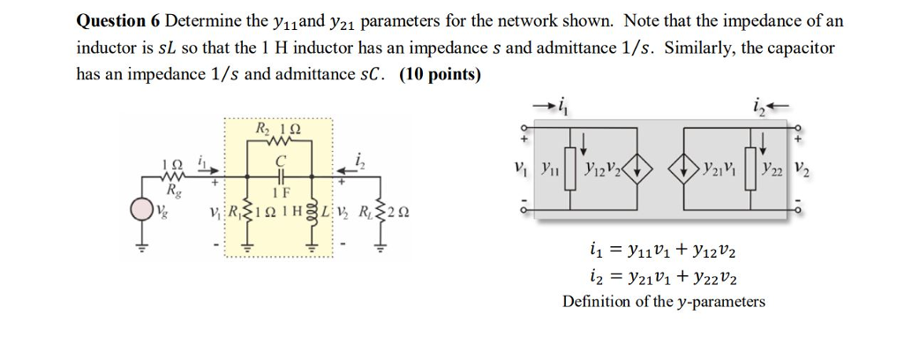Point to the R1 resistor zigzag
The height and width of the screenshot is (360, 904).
coord(247,212)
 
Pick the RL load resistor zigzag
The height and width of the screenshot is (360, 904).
coord(381,212)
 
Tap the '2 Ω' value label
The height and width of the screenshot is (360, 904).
coord(401,213)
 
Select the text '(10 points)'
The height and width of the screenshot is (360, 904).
coord(440,75)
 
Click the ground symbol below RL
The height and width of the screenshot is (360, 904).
coord(381,248)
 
